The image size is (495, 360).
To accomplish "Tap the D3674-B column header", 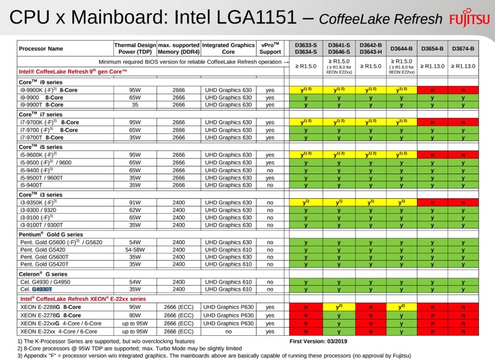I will (x=463, y=48).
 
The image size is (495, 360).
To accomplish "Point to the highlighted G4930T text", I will (x=43, y=289).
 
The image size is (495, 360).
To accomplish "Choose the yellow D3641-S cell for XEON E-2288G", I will (x=339, y=307).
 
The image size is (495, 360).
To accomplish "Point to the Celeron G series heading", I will (x=42, y=274).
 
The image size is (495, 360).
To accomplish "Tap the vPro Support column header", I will (x=269, y=48).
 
